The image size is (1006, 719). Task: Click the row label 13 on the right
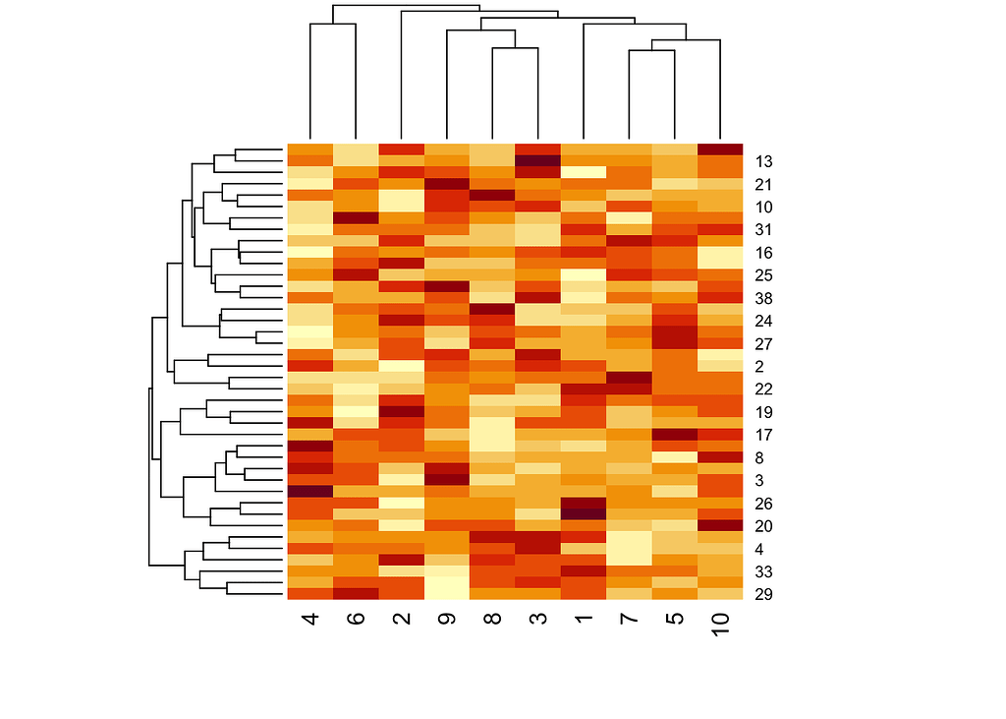(763, 161)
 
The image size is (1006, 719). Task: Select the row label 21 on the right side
(763, 184)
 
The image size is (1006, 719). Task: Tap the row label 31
(763, 229)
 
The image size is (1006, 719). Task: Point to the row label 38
(763, 298)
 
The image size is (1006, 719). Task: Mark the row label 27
(763, 343)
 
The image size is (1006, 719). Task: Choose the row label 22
(763, 389)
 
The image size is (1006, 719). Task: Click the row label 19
(763, 412)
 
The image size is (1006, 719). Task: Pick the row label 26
(763, 504)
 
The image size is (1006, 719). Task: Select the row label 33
(763, 571)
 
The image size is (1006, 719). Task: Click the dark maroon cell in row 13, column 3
(537, 160)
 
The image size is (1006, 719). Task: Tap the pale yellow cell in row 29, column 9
(446, 593)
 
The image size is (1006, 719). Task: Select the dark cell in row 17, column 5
(675, 434)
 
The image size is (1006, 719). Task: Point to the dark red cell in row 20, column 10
(721, 525)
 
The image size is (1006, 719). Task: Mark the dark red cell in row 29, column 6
(355, 593)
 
